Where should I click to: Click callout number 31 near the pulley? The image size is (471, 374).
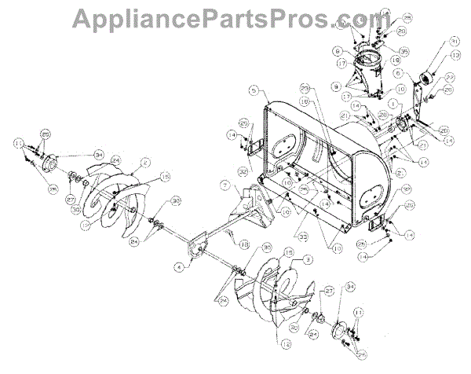453,41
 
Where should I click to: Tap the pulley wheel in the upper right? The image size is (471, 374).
429,80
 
